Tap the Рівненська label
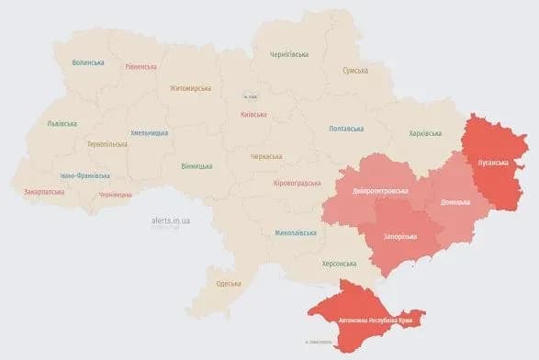(x=140, y=66)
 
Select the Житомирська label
(x=189, y=88)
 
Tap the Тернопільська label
(x=107, y=144)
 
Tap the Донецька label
(x=455, y=201)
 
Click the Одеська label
(x=228, y=285)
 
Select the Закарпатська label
(x=42, y=193)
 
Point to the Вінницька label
(x=197, y=166)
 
